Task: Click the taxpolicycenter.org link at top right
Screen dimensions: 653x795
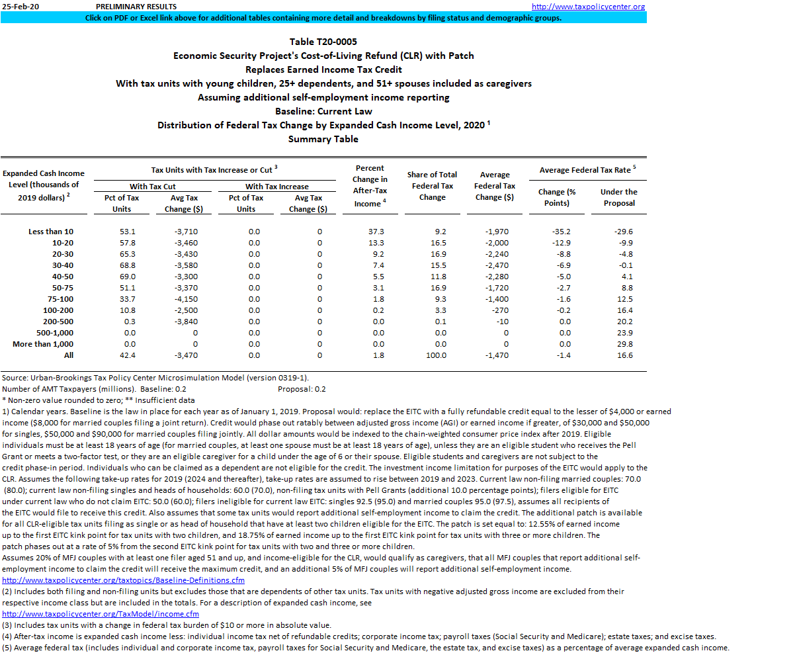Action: coord(588,7)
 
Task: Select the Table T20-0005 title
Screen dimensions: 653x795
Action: coord(323,42)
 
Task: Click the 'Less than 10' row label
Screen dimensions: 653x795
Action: coord(51,232)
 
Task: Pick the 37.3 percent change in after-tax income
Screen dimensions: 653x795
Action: coord(376,232)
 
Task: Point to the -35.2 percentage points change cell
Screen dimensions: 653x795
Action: coord(561,232)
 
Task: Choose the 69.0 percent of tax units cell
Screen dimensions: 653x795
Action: coord(126,277)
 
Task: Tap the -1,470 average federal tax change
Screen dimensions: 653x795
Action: coord(495,355)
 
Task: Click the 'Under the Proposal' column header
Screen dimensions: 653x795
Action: coord(618,197)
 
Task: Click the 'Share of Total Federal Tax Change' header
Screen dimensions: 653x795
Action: coord(432,186)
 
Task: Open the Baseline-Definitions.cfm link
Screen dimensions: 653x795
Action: coord(123,581)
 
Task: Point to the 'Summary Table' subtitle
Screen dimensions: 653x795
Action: coord(323,139)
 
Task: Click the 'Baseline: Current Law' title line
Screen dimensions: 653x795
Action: coord(323,111)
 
